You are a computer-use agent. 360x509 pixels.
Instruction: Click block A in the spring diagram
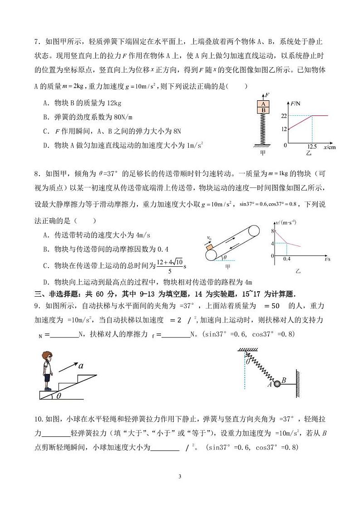[x=263, y=103]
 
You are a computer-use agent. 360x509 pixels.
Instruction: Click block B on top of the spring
[x=263, y=110]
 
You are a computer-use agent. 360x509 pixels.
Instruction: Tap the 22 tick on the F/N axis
[x=284, y=116]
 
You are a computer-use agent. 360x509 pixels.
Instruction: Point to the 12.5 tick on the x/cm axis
[x=311, y=147]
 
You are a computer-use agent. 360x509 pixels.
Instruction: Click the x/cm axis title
[x=330, y=147]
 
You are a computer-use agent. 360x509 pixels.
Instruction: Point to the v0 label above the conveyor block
[x=209, y=237]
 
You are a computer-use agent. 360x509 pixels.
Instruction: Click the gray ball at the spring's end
[x=276, y=385]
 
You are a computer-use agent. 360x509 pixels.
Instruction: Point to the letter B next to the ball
[x=283, y=381]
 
